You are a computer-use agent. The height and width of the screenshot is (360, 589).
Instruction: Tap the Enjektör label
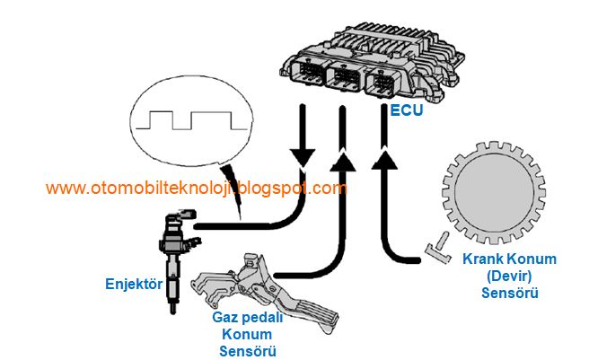132,285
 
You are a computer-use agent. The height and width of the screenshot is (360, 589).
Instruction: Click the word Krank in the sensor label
482,259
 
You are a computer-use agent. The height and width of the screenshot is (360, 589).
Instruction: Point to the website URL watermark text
196,189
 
